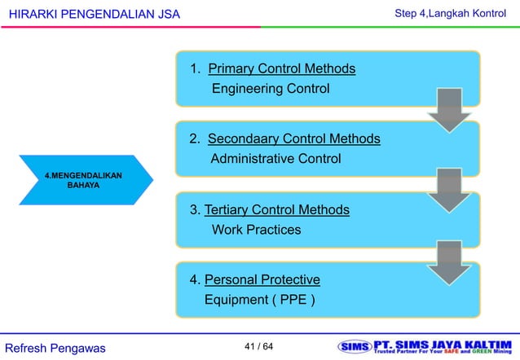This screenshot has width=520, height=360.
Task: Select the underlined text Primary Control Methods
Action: pyautogui.click(x=281, y=68)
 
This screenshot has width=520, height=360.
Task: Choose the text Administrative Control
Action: pyautogui.click(x=275, y=158)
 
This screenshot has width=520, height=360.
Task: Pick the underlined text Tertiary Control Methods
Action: pyautogui.click(x=276, y=210)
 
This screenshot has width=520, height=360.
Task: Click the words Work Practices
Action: pyautogui.click(x=256, y=230)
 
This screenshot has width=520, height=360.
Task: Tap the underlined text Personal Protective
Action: pyautogui.click(x=262, y=280)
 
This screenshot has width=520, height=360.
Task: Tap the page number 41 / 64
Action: pyautogui.click(x=259, y=348)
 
